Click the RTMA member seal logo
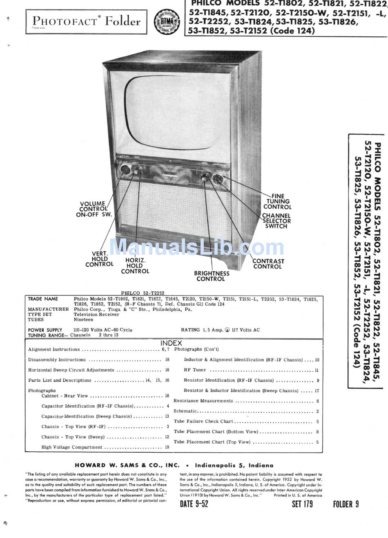coord(166,21)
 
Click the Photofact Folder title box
coord(86,21)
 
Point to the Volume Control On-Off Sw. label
coord(94,209)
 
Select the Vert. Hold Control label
coord(99,259)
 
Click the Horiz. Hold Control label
coord(135,266)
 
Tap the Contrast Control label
coord(268,264)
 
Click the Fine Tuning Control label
coord(277,201)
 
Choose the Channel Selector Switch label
coord(277,221)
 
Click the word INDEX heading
coord(171,343)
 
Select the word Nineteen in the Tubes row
coord(83,320)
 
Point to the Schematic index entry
coord(185,411)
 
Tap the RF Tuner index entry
coord(195,370)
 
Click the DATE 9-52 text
coord(194,504)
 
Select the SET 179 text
coord(302,504)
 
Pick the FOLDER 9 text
coord(346,504)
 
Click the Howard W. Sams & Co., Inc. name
coord(127,465)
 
